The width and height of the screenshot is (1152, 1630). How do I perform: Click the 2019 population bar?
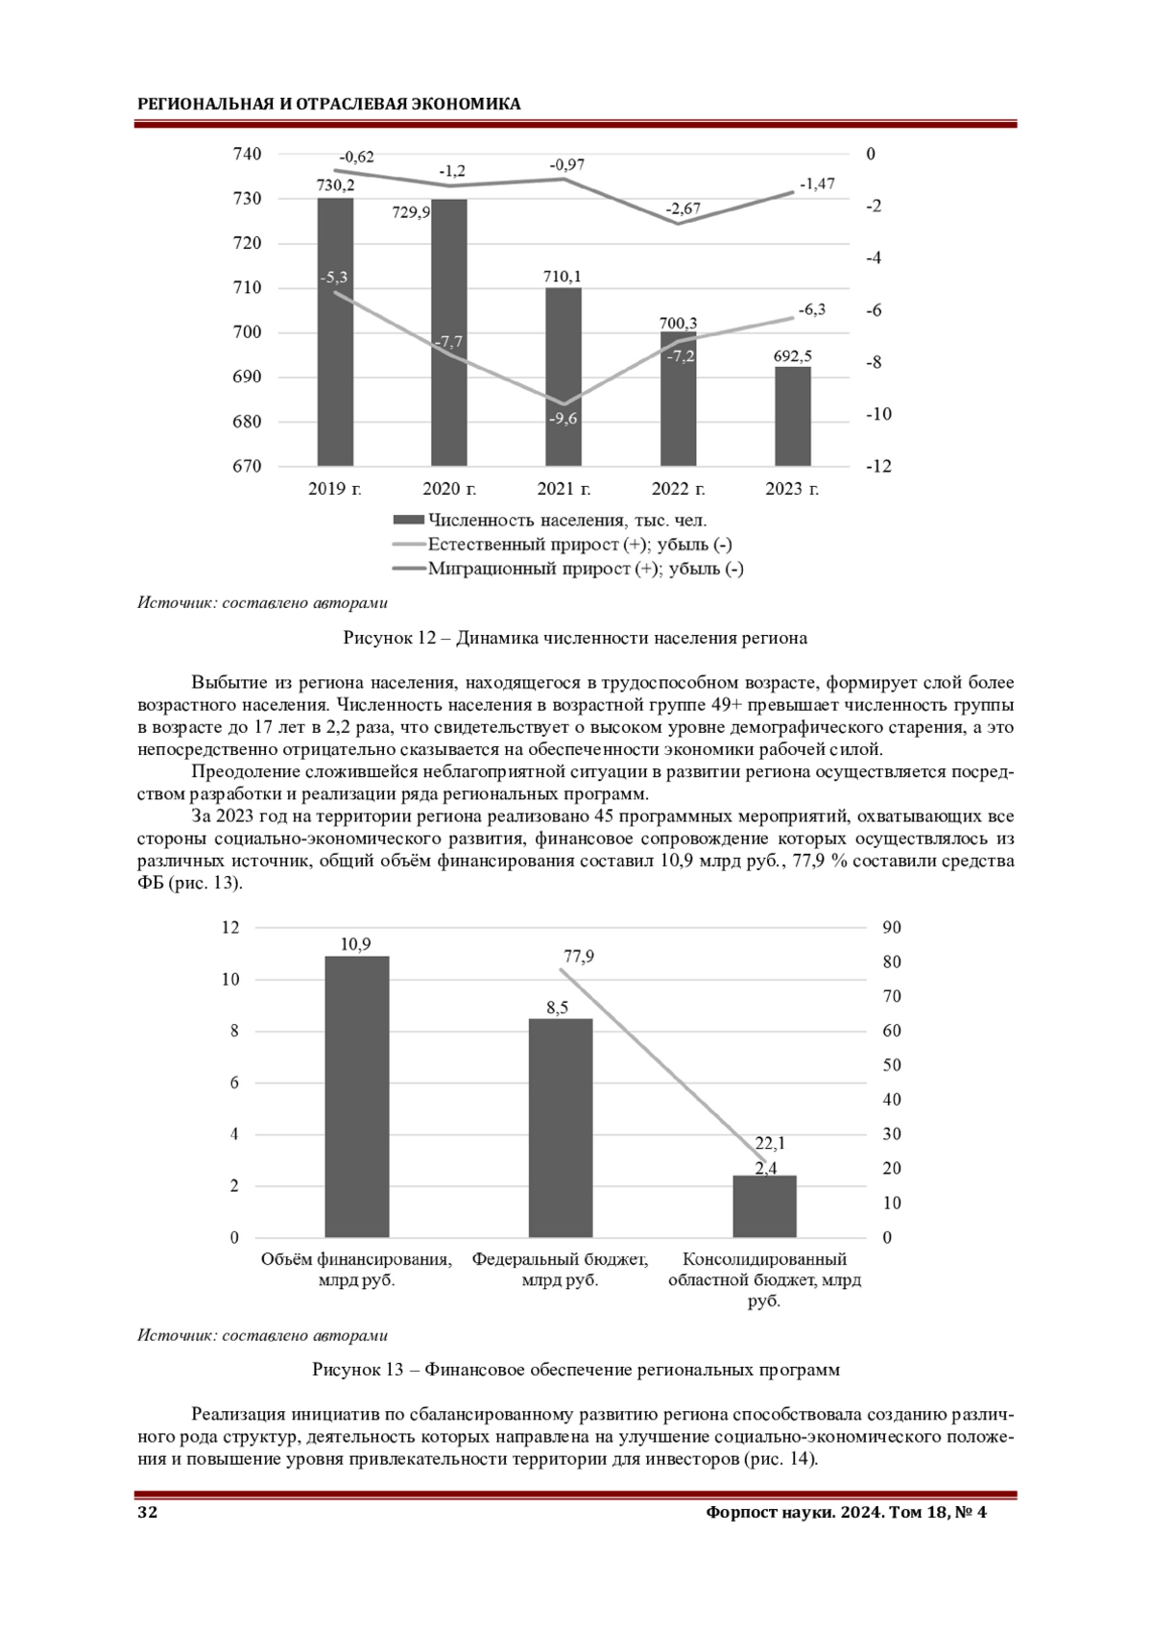tap(335, 384)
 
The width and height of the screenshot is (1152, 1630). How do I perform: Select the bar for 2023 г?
tap(792, 417)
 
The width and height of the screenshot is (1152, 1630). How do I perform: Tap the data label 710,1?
tap(563, 277)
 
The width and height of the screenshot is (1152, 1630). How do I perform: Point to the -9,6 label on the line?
tap(564, 419)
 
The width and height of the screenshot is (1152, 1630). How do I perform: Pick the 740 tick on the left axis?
tap(247, 154)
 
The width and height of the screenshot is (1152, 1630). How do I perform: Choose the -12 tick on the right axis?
tap(877, 466)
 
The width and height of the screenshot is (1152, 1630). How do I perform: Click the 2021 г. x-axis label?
tap(564, 489)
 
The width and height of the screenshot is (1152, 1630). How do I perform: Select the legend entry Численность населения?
tap(566, 521)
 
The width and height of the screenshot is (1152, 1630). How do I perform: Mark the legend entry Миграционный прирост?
tap(585, 569)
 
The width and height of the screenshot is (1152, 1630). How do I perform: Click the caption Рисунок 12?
tap(575, 638)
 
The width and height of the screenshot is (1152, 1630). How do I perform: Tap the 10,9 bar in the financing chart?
tap(356, 1096)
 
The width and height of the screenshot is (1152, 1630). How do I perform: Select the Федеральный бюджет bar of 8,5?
tap(561, 1128)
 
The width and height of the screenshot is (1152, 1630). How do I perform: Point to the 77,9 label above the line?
tap(579, 957)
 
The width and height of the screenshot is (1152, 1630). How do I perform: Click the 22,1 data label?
tap(770, 1143)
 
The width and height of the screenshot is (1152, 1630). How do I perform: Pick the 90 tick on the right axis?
tap(892, 928)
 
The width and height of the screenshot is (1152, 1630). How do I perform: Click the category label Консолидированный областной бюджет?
tap(764, 1279)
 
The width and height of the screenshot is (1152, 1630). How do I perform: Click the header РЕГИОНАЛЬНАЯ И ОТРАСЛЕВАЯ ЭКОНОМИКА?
tap(329, 104)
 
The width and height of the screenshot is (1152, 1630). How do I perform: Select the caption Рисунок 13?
tap(575, 1370)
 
